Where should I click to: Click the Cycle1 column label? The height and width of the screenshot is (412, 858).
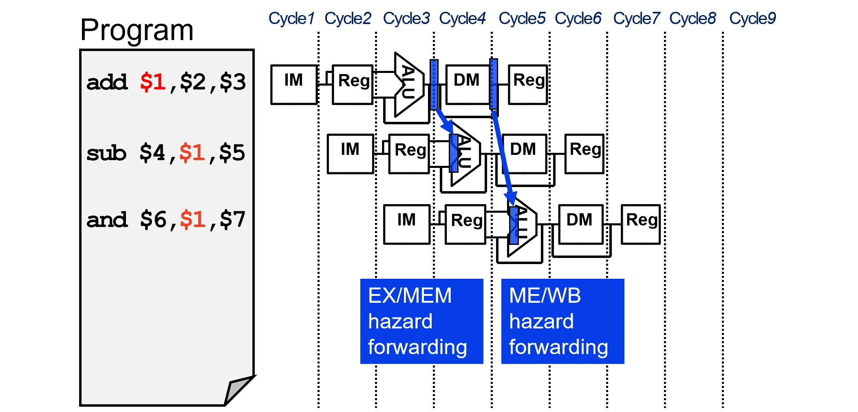(x=291, y=18)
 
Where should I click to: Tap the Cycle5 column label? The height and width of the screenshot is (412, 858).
(x=522, y=18)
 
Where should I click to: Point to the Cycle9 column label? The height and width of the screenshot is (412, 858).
(x=752, y=18)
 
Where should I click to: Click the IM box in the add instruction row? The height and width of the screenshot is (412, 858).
(x=294, y=84)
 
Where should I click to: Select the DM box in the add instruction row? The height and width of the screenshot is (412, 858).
(x=468, y=84)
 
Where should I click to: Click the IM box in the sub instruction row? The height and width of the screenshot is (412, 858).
(x=351, y=154)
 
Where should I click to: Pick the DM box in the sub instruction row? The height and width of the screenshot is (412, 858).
(x=524, y=154)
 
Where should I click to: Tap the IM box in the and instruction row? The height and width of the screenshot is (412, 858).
(x=407, y=224)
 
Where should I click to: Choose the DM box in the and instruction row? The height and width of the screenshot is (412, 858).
(x=580, y=224)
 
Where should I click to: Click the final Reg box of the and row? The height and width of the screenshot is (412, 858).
(x=641, y=224)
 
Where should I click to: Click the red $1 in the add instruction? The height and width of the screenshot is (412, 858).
(x=152, y=82)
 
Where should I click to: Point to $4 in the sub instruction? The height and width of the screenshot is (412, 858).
(x=152, y=153)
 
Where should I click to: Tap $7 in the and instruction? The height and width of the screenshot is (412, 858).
(x=232, y=220)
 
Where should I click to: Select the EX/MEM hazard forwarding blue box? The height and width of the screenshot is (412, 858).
(x=421, y=321)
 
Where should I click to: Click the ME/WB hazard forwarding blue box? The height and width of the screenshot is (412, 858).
(x=562, y=321)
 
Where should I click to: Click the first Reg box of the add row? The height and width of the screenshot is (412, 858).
(x=353, y=84)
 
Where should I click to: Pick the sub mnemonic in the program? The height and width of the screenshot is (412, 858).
(x=106, y=153)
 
